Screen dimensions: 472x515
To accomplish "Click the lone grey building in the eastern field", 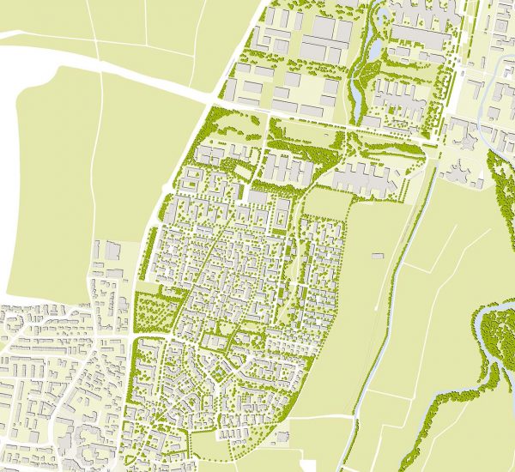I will [377, 255].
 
